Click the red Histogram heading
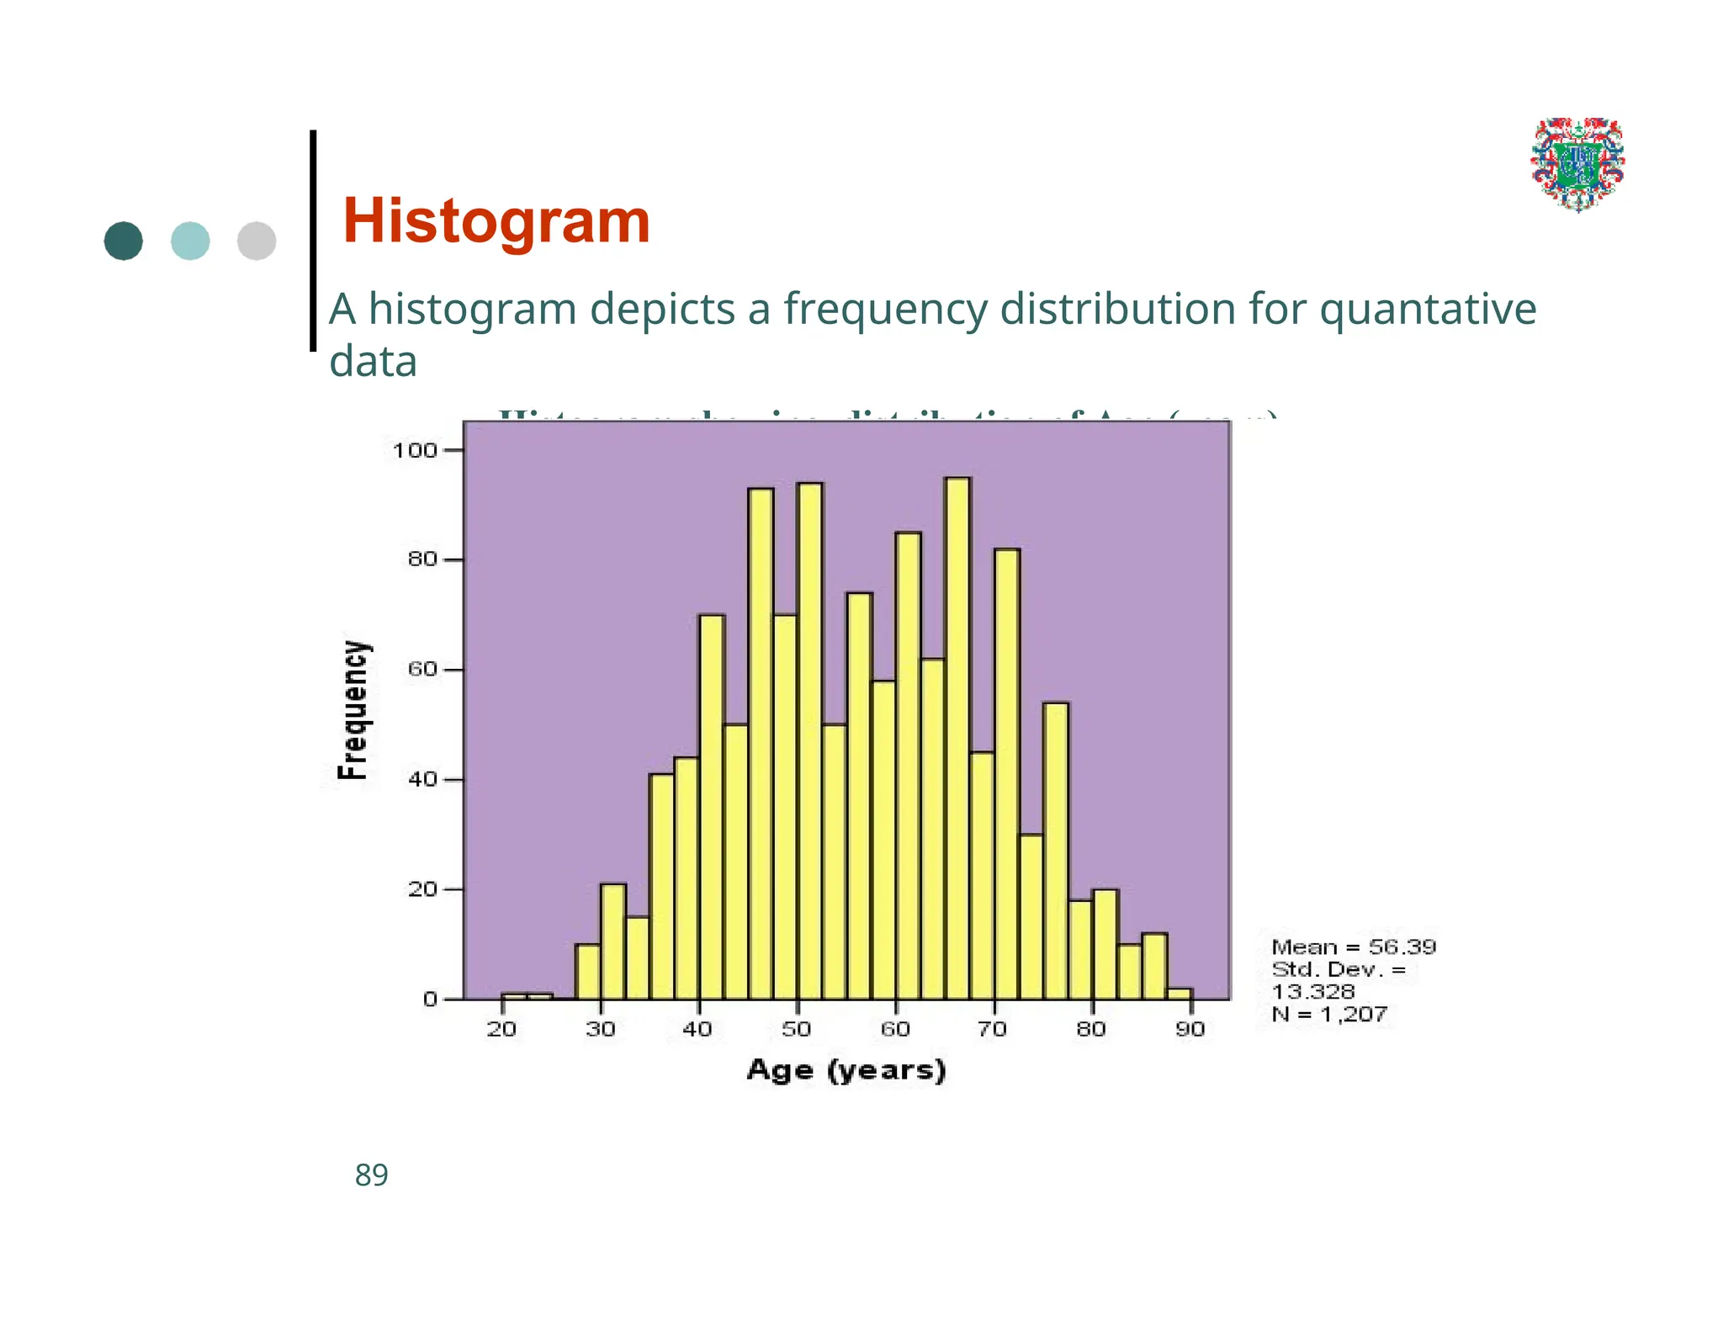click(496, 221)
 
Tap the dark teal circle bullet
click(124, 241)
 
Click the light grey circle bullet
click(257, 241)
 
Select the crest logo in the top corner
click(1577, 164)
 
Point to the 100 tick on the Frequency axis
click(415, 451)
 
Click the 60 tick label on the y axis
click(422, 671)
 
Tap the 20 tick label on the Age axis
click(501, 1029)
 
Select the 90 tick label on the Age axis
click(1190, 1029)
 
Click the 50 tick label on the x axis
click(796, 1029)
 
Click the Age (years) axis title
click(846, 1070)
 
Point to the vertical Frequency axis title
click(353, 711)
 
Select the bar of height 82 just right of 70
click(1007, 774)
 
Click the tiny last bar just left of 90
click(1180, 994)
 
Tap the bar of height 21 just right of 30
click(613, 941)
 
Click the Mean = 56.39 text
click(1353, 947)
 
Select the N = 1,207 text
click(1329, 1015)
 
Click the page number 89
click(371, 1175)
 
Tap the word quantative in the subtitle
click(1428, 310)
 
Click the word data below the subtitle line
click(373, 362)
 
